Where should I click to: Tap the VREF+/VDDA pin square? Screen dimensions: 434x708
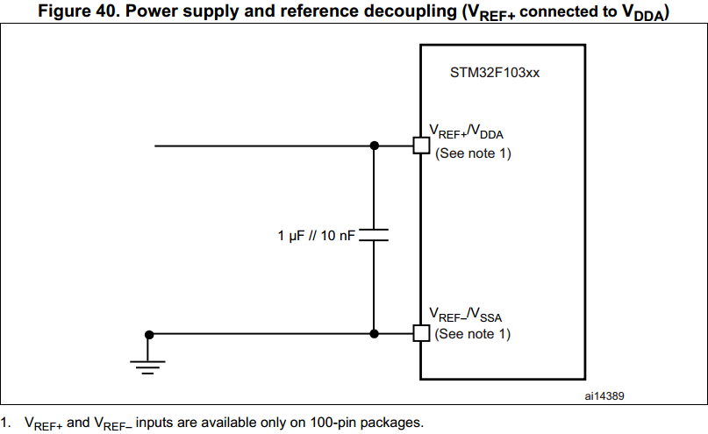pyautogui.click(x=421, y=146)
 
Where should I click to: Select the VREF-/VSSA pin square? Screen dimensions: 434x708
pyautogui.click(x=421, y=333)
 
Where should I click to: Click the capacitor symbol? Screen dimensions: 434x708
pyautogui.click(x=375, y=236)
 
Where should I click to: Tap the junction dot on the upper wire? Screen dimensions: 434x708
pyautogui.click(x=375, y=146)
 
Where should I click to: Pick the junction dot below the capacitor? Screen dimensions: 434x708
pyautogui.click(x=375, y=333)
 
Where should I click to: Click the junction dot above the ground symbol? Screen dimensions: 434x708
pyautogui.click(x=150, y=334)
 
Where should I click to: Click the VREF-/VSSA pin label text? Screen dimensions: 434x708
pyautogui.click(x=466, y=314)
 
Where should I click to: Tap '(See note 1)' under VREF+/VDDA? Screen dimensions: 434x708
pyautogui.click(x=473, y=153)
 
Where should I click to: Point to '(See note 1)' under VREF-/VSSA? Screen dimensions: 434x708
pyautogui.click(x=473, y=334)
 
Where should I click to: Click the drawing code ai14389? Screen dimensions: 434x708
pyautogui.click(x=604, y=395)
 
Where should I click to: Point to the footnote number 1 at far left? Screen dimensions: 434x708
pyautogui.click(x=5, y=423)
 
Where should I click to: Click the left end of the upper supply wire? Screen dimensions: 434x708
pyautogui.click(x=156, y=146)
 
